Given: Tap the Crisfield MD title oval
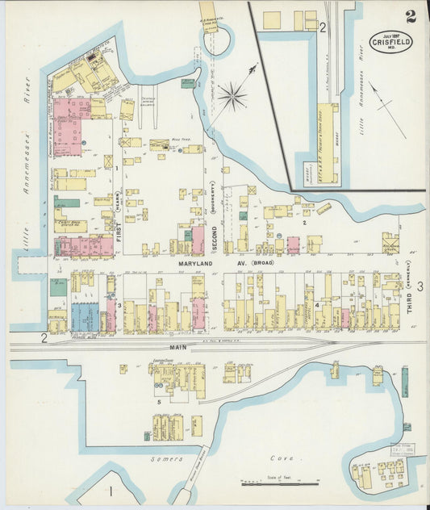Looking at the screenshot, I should click(390, 41).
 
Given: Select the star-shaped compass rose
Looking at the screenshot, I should click(232, 98).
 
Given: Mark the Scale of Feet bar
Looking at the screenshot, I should click(279, 483).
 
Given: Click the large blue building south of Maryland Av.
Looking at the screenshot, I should click(84, 316).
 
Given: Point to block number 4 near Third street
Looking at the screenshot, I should click(317, 305).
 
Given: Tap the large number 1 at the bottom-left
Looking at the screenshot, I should click(110, 490).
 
